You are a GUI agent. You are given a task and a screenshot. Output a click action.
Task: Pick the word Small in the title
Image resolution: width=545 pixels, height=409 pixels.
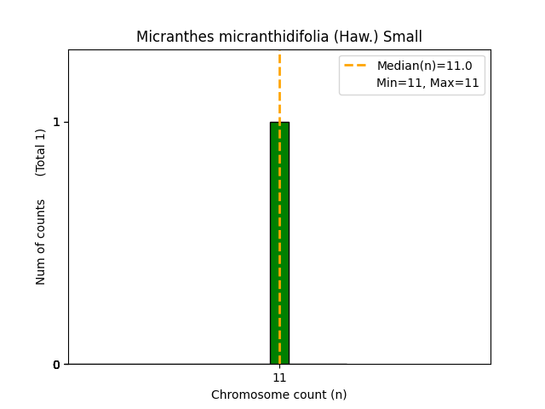click(x=402, y=37)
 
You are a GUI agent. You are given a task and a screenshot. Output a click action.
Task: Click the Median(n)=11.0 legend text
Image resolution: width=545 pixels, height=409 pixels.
click(x=424, y=66)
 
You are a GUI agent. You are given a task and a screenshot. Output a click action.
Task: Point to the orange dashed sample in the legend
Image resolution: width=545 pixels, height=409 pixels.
click(x=355, y=66)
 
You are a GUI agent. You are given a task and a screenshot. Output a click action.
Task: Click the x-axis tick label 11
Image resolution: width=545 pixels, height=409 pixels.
click(x=279, y=377)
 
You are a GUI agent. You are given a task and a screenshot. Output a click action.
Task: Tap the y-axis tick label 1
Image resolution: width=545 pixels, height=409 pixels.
click(x=56, y=122)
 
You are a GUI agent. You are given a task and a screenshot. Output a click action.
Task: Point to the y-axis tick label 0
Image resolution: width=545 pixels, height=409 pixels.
click(x=56, y=365)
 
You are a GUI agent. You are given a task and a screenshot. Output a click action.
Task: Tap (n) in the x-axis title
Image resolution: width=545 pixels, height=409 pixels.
click(x=337, y=395)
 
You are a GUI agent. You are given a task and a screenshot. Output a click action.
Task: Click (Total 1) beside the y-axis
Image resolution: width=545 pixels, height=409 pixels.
click(x=41, y=153)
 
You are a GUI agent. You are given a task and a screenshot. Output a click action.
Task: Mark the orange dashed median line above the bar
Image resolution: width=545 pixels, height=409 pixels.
click(x=279, y=85)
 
